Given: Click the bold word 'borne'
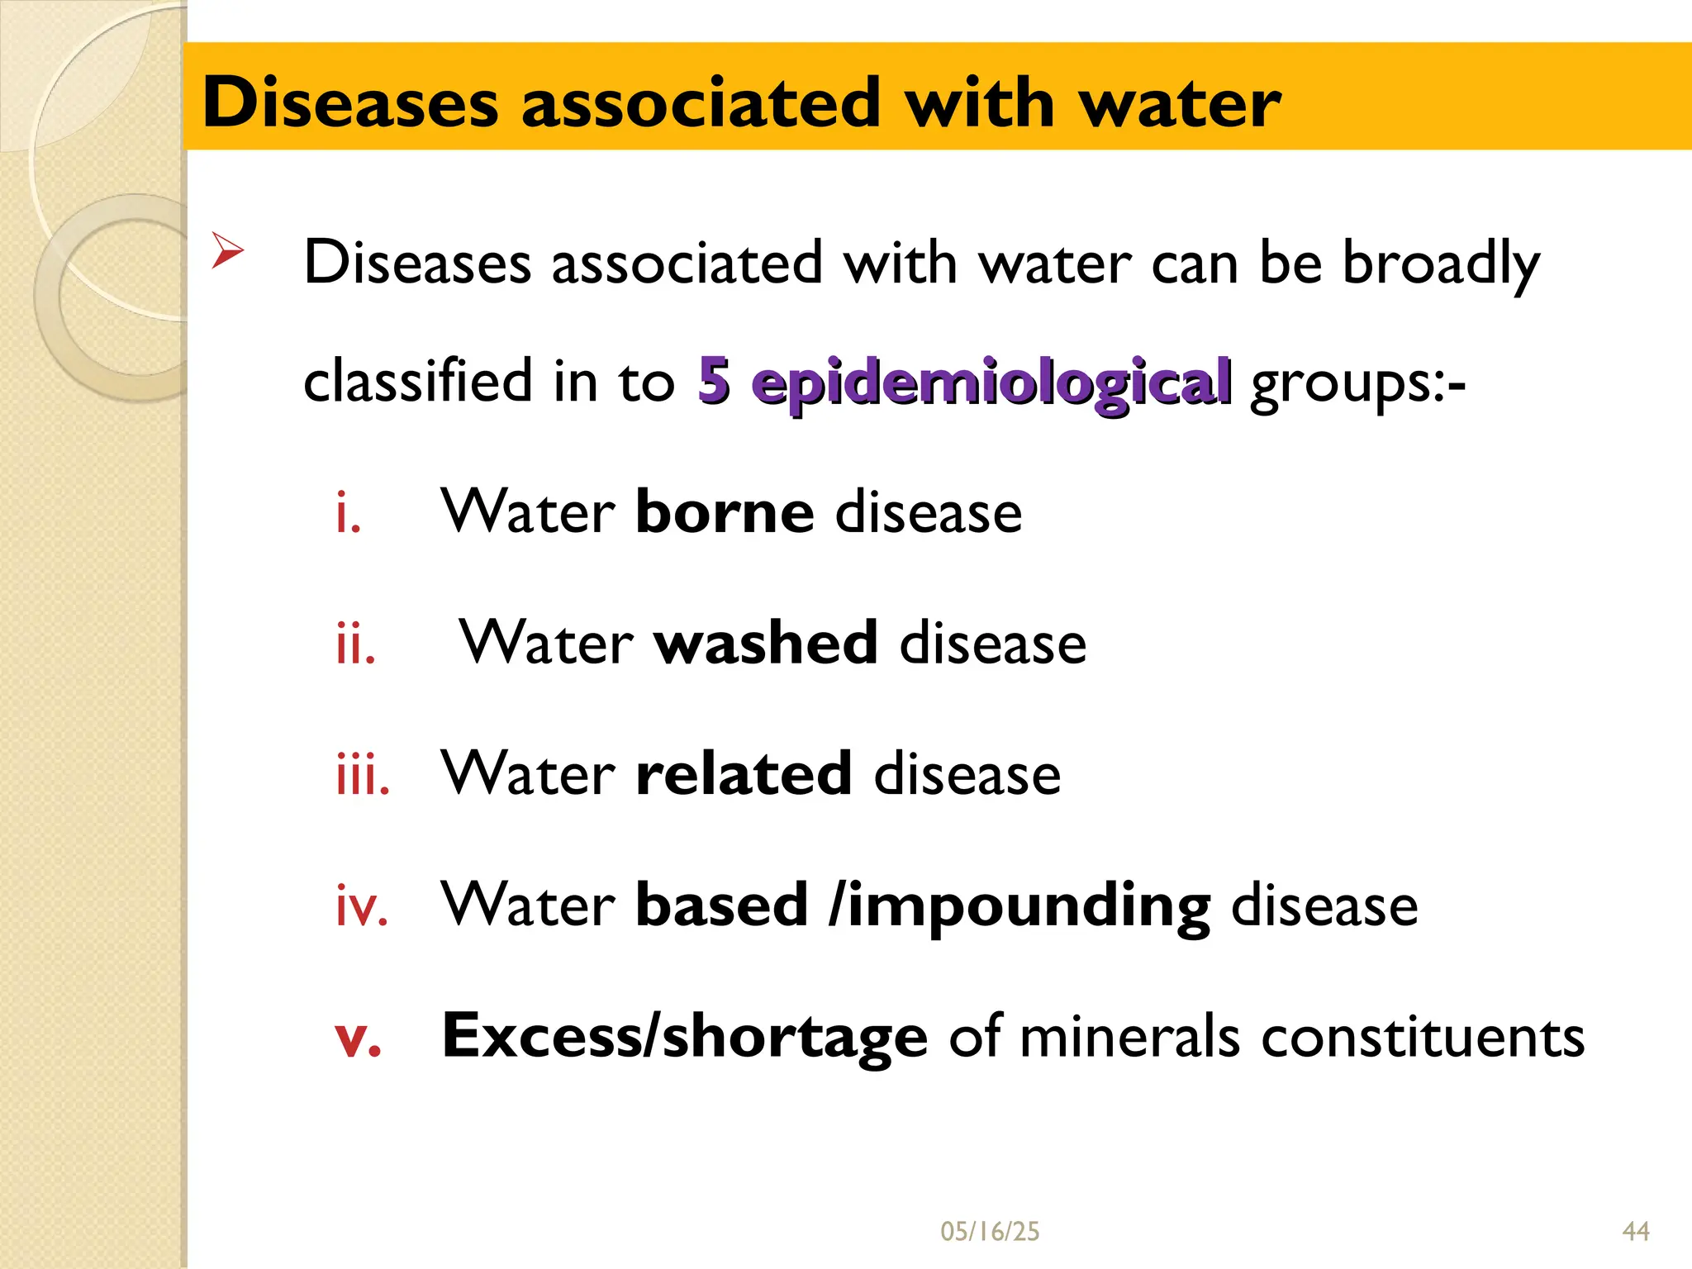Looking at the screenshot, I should (x=725, y=512).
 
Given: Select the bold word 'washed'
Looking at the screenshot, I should (x=766, y=643).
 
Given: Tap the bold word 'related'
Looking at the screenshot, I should (x=744, y=774).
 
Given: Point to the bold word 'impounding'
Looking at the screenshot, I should (x=1029, y=907).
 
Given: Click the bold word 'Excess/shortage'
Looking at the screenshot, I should (x=685, y=1037).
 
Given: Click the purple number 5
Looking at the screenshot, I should (x=714, y=381).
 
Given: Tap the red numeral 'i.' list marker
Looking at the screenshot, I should (x=349, y=514).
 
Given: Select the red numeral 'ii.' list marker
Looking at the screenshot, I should (x=356, y=644).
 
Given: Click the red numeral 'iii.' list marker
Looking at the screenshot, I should (x=363, y=776).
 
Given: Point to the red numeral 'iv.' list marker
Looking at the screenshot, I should (x=362, y=906).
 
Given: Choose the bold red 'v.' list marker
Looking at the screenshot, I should (x=359, y=1038).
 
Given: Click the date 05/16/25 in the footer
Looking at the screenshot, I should (x=990, y=1232).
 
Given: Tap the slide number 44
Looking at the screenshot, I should (x=1636, y=1232).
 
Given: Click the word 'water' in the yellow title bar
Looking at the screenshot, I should (x=1181, y=103).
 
